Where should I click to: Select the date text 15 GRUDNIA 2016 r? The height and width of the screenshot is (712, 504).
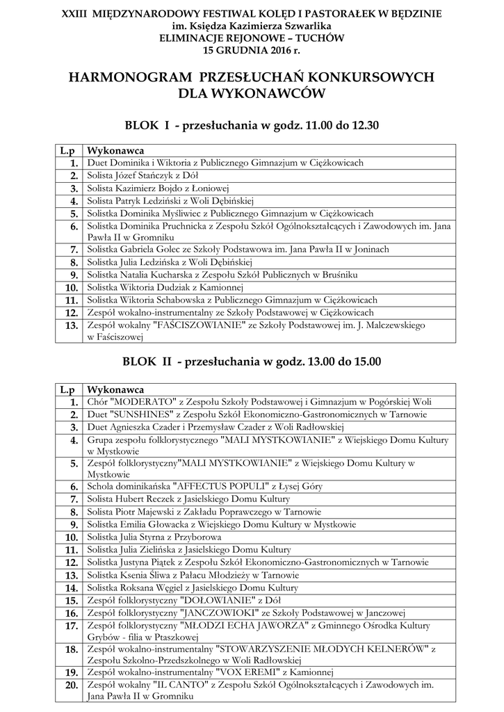[252, 51]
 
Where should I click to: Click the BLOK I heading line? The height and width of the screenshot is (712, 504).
[252, 125]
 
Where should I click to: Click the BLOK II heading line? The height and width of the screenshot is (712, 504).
[252, 362]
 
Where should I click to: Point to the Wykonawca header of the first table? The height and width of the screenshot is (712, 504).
[115, 150]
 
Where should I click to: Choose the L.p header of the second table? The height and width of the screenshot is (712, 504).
[67, 390]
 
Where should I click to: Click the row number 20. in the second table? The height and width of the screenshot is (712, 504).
[70, 686]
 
